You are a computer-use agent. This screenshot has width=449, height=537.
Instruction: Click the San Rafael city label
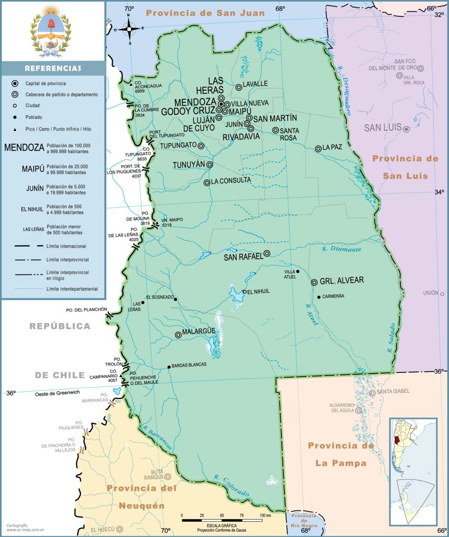pos(243,257)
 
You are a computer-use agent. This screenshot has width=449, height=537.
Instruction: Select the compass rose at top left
pos(129,29)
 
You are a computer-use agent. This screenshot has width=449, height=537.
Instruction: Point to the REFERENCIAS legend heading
pos(53,68)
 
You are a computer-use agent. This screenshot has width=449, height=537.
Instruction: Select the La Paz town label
pos(332,147)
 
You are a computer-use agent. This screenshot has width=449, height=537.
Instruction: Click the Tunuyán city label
pos(189,165)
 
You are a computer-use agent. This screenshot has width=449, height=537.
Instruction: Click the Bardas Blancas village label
pos(189,364)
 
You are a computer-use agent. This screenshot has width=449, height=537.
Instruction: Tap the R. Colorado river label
pos(231,486)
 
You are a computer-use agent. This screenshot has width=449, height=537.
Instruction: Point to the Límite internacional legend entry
pos(66,246)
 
